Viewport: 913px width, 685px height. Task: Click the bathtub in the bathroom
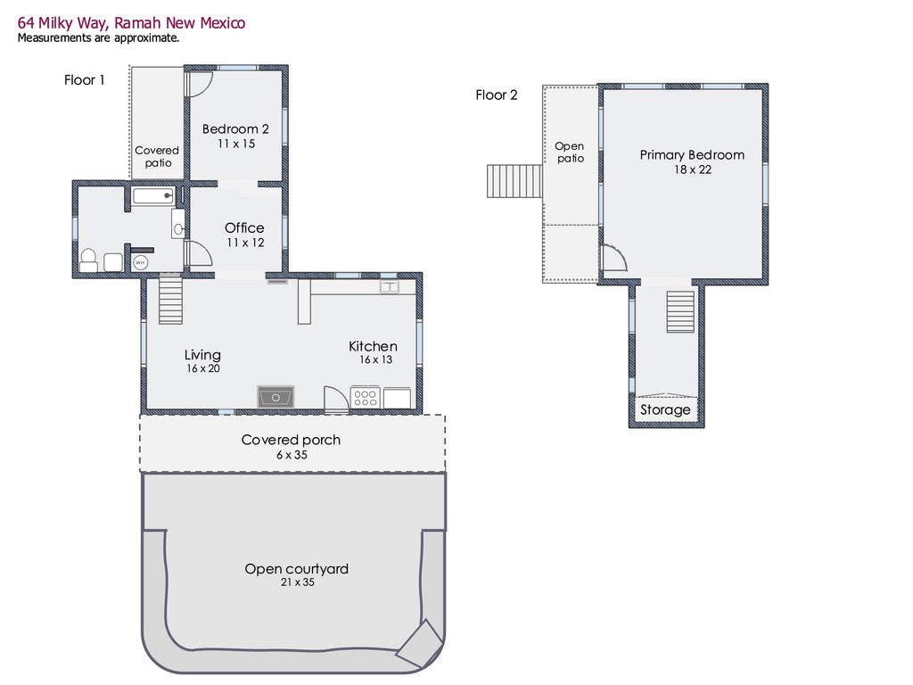pos(152,196)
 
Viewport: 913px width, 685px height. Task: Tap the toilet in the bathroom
pos(88,260)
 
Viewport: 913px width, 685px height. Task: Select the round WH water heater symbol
pos(140,262)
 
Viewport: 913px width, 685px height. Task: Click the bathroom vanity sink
pos(178,228)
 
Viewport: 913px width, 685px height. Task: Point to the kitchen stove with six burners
pos(366,398)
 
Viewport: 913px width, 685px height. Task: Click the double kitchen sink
pos(390,287)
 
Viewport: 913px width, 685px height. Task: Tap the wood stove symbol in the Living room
pos(276,397)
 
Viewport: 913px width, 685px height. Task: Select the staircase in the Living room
pos(170,301)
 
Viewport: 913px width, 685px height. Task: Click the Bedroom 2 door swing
pos(200,84)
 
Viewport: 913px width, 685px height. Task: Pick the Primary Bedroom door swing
pos(613,259)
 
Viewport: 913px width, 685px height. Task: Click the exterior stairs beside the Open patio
pos(514,181)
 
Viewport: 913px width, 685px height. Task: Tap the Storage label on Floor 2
pos(665,410)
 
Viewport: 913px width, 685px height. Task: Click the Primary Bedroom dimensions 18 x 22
pos(692,169)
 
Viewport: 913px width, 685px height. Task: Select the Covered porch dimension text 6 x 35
pos(291,455)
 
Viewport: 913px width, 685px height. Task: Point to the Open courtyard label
pos(296,569)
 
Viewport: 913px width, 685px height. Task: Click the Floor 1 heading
pos(85,80)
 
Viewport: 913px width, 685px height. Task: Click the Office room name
pos(244,228)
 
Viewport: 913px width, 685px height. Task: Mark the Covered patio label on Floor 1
pos(157,157)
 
